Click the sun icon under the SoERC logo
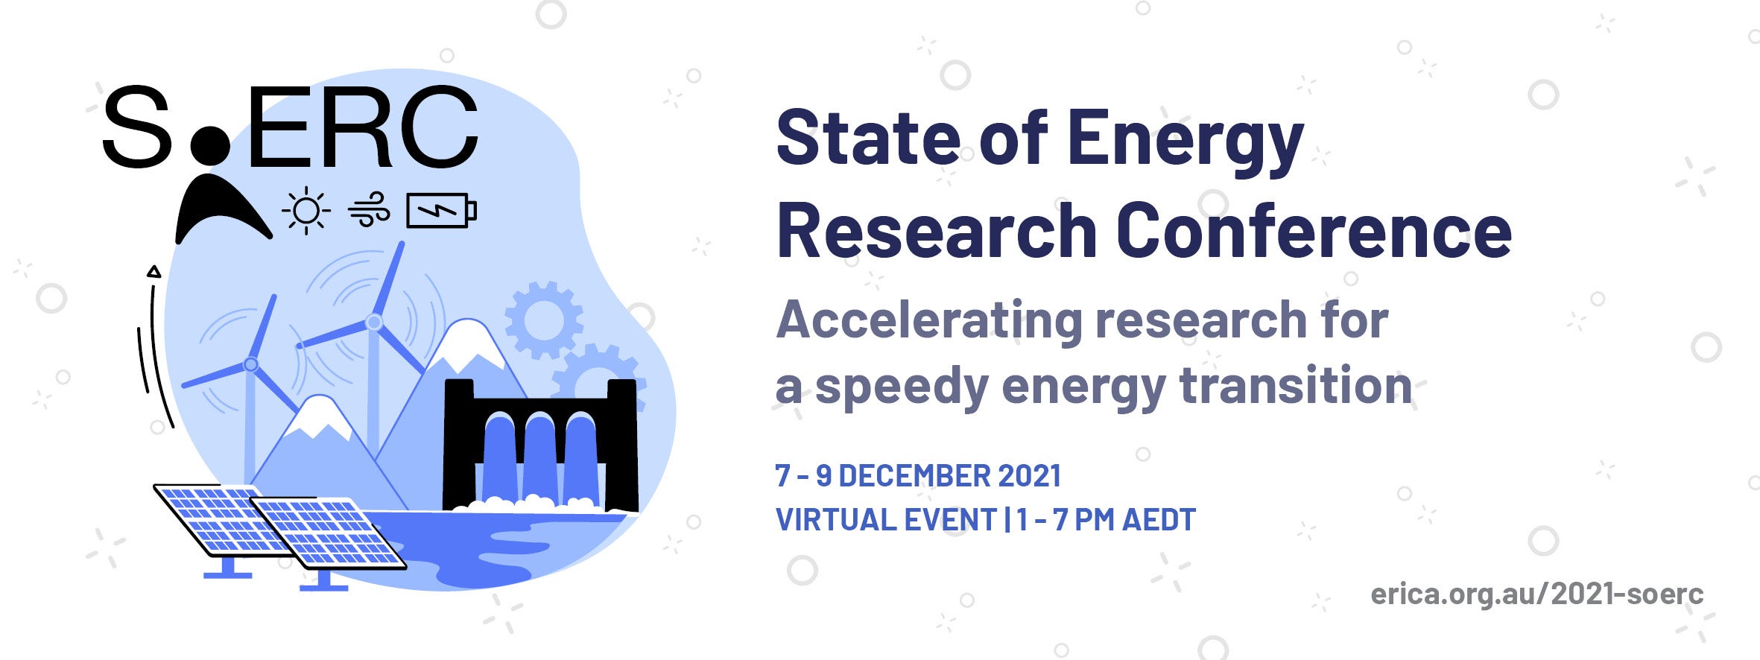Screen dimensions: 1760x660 [306, 211]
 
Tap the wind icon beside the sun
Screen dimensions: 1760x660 [369, 209]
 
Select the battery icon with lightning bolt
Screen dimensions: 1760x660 [441, 211]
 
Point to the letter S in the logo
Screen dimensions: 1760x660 [137, 127]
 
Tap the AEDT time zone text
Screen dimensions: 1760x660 [1159, 520]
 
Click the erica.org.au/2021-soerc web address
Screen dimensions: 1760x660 [1537, 594]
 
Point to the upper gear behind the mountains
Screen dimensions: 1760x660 [544, 320]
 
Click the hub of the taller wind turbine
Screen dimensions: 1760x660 [374, 323]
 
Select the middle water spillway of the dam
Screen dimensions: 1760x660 [539, 458]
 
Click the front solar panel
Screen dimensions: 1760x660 [328, 533]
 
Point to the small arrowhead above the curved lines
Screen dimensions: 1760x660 [153, 272]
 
